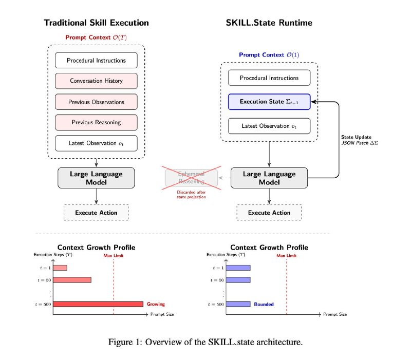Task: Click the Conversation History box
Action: click(x=96, y=81)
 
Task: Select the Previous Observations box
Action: click(x=96, y=102)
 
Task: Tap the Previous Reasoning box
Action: click(x=96, y=122)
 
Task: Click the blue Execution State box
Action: click(x=269, y=102)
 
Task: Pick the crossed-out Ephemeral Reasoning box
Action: click(x=191, y=178)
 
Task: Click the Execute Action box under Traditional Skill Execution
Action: click(x=96, y=213)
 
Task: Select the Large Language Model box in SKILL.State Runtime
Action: click(x=269, y=178)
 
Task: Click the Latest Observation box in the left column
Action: click(x=96, y=143)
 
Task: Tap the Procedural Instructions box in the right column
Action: click(x=269, y=78)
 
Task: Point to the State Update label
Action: click(x=356, y=137)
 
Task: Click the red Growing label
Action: click(x=156, y=304)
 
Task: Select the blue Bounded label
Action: click(x=264, y=304)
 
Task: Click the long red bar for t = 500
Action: click(x=98, y=304)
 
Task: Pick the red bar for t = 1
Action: click(x=60, y=268)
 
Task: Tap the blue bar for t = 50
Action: click(x=238, y=280)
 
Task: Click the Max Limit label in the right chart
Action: click(x=286, y=255)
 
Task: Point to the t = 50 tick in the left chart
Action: click(x=44, y=280)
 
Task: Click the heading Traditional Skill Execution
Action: click(x=96, y=23)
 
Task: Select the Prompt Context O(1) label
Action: click(x=269, y=55)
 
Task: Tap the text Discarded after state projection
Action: click(x=191, y=195)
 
